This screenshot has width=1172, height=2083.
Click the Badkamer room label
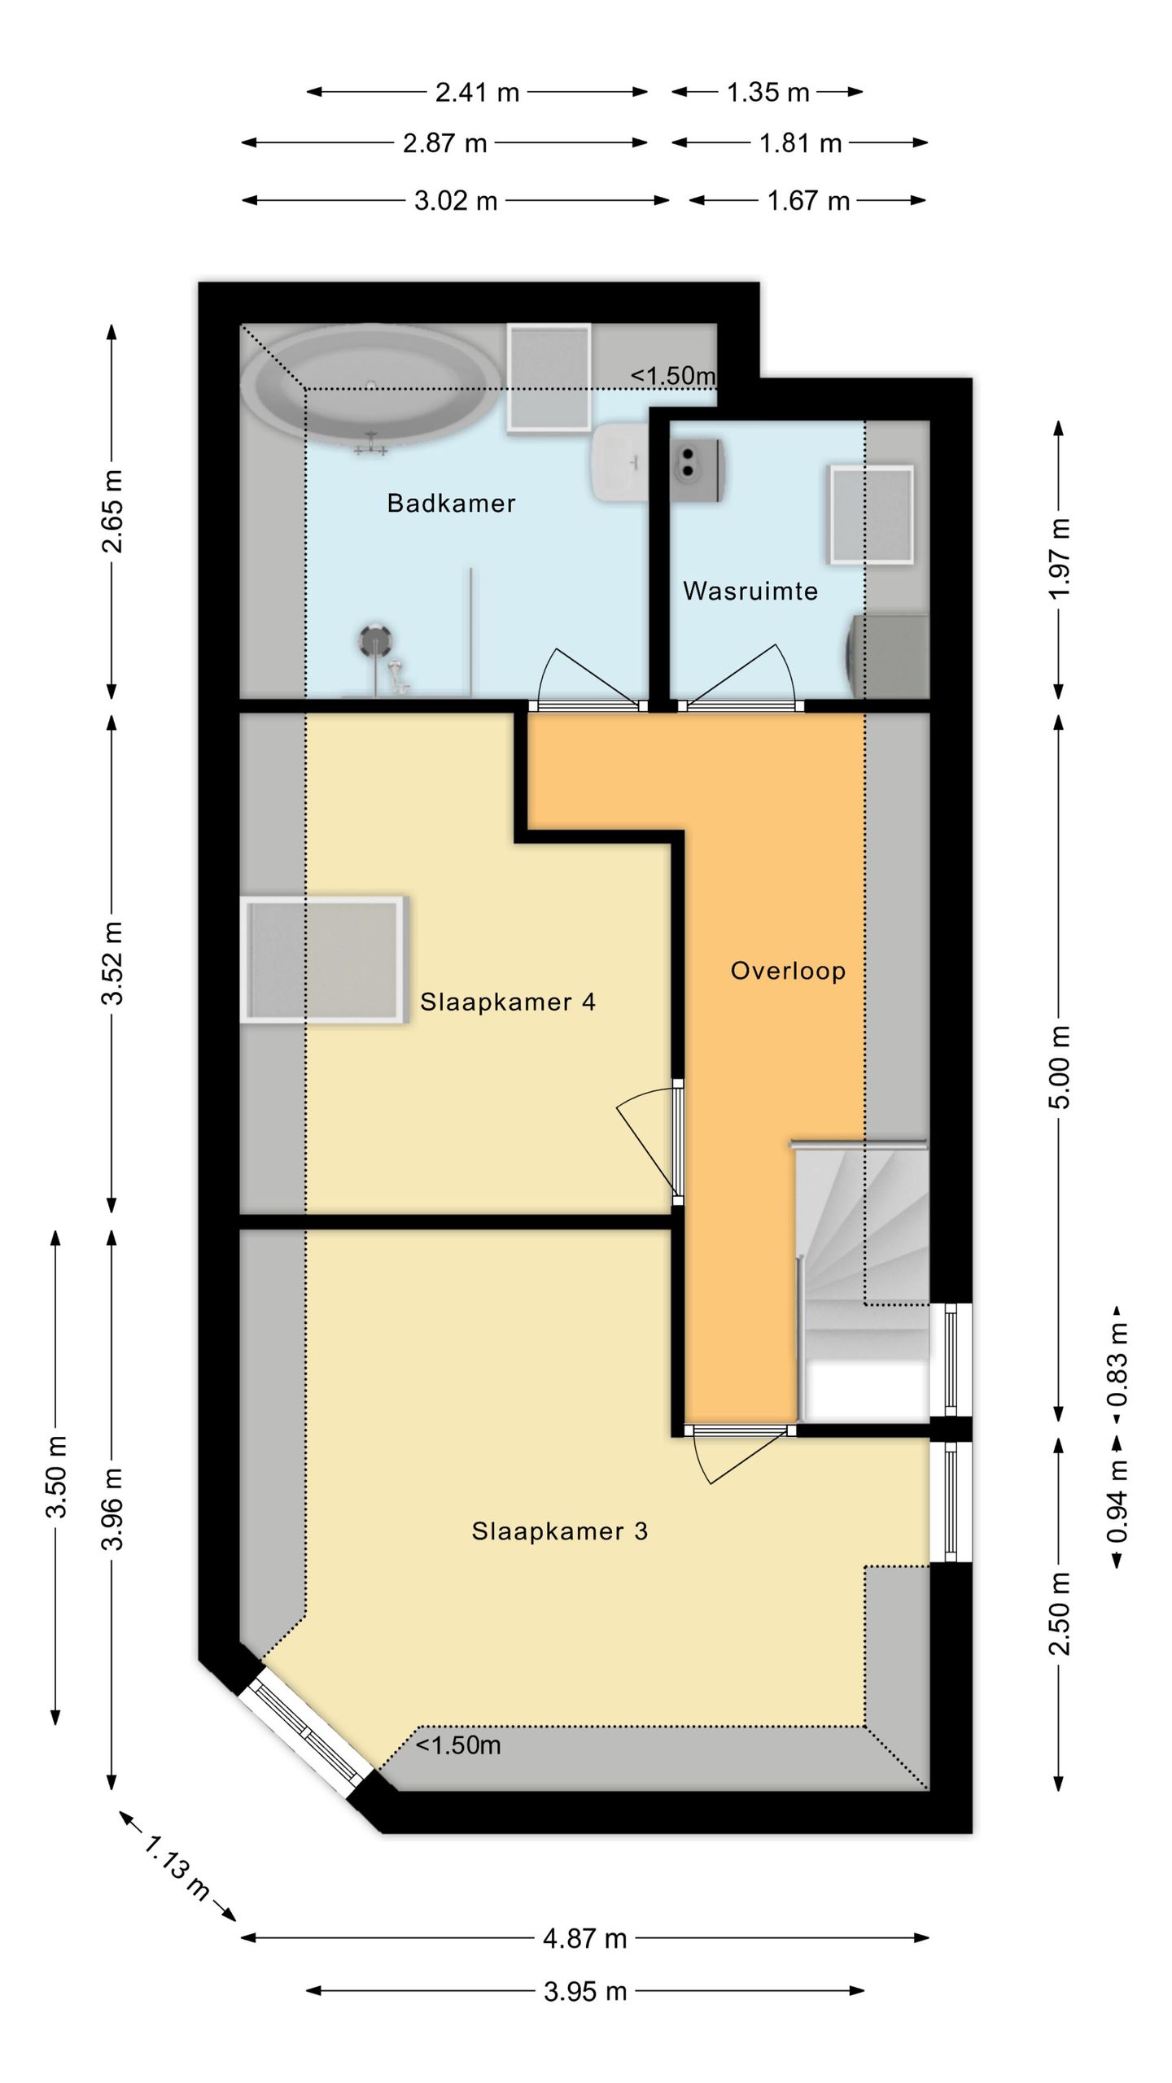451,503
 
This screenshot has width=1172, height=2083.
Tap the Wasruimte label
750,591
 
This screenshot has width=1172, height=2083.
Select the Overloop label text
788,971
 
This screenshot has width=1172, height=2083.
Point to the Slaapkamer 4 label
508,1002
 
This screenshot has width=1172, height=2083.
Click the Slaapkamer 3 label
560,1531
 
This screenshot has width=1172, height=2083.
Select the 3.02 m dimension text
456,200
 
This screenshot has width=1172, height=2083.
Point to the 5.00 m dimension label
1060,1067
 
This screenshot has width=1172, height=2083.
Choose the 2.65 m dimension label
112,511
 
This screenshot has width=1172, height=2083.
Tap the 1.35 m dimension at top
767,92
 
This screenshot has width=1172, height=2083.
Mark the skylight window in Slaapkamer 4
324,959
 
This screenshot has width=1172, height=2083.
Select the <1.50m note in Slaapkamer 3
458,1745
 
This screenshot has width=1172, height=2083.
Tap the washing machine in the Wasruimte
889,656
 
